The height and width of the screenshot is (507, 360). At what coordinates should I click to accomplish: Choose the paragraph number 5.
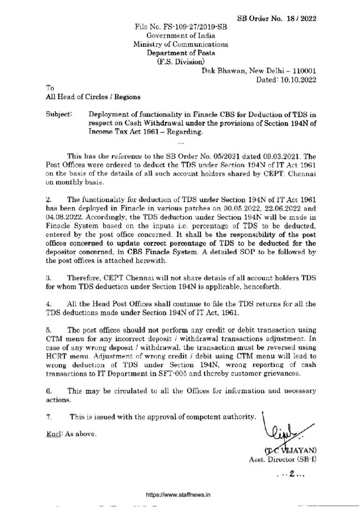pyautogui.click(x=49, y=328)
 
